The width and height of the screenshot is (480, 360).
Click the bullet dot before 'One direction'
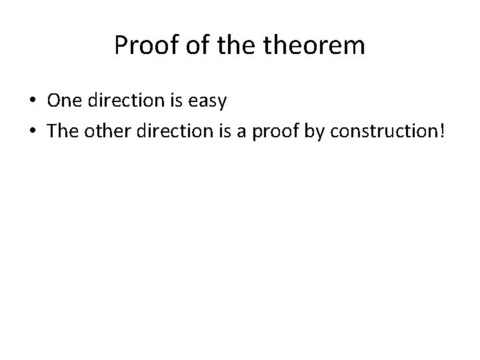pyautogui.click(x=32, y=101)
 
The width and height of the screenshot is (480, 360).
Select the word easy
pyautogui.click(x=209, y=102)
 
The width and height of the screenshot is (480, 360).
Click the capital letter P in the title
pyautogui.click(x=121, y=46)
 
